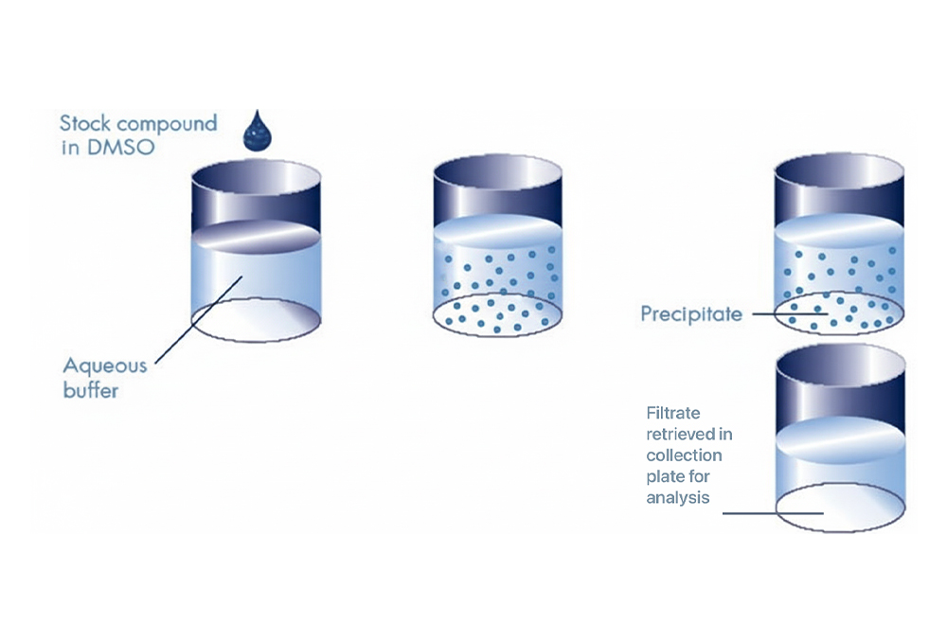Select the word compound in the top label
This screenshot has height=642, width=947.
pyautogui.click(x=165, y=124)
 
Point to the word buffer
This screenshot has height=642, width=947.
pyautogui.click(x=90, y=389)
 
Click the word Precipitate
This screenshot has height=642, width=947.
pyautogui.click(x=691, y=313)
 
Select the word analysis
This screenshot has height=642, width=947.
pyautogui.click(x=677, y=497)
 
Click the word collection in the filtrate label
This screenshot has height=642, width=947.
pyautogui.click(x=685, y=455)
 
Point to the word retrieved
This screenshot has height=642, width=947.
pyautogui.click(x=688, y=435)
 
